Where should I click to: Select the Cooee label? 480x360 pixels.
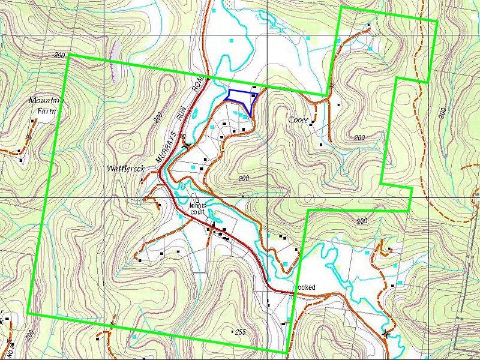(x=298, y=120)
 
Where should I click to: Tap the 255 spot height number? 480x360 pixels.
(x=241, y=332)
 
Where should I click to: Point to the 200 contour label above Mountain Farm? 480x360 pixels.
(x=59, y=55)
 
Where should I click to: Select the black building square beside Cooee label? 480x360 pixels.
(x=313, y=123)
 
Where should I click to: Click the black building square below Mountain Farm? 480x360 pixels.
(x=32, y=120)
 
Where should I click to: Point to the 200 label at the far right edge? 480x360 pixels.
(x=442, y=112)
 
